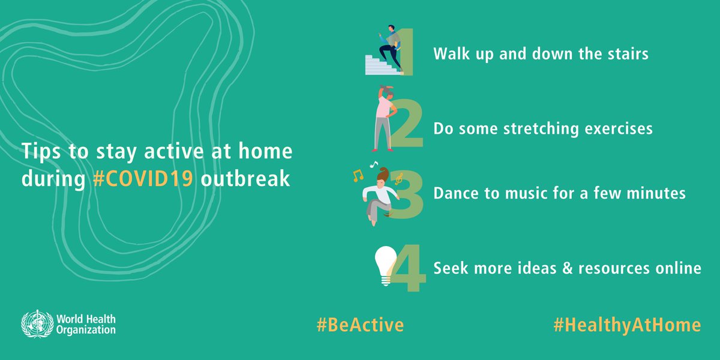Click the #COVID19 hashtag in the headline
[x=143, y=178]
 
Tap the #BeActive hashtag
[x=360, y=325]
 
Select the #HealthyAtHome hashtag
[x=627, y=325]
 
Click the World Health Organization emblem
[x=37, y=323]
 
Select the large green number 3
[x=406, y=195]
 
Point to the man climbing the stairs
[x=390, y=47]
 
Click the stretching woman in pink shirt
[x=385, y=118]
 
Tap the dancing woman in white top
[x=379, y=197]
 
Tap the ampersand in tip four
[x=568, y=268]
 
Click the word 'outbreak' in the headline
[x=245, y=178]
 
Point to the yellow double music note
[x=358, y=176]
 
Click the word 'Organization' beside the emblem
[x=86, y=330]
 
